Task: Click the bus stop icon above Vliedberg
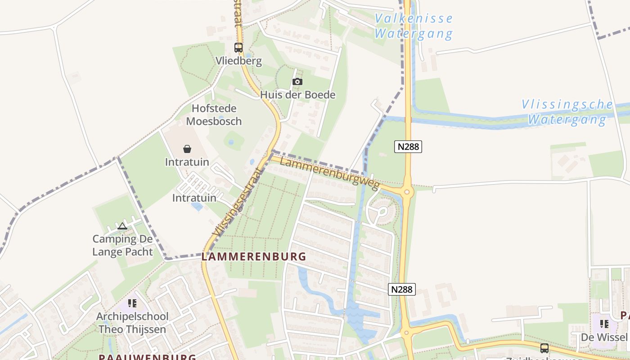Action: tap(238, 47)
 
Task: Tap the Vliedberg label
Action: tap(238, 61)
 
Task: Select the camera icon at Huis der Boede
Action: tap(297, 81)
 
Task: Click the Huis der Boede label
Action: tap(298, 94)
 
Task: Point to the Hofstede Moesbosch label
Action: tap(214, 115)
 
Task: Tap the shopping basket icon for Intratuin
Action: tap(187, 149)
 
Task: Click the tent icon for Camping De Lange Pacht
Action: tap(122, 226)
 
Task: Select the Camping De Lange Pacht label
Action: tap(122, 245)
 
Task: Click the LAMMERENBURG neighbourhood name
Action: tap(254, 257)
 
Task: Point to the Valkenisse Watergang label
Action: tap(414, 26)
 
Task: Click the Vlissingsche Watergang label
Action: tap(567, 112)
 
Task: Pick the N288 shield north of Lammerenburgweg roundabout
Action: tap(408, 146)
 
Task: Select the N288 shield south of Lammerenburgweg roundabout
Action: tap(401, 289)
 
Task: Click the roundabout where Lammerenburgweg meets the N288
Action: tap(407, 192)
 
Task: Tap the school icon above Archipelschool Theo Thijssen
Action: tap(132, 303)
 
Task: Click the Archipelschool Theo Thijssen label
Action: tap(132, 323)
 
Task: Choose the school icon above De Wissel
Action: tap(604, 324)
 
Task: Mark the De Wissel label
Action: tap(604, 337)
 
